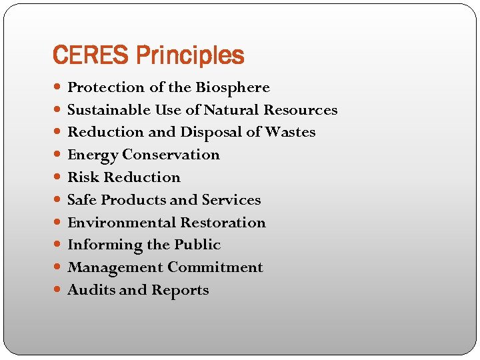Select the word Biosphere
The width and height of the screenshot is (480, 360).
(232, 87)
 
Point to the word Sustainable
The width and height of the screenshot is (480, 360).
(109, 110)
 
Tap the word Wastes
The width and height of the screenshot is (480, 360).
(290, 133)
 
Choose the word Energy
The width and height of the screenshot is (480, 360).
(92, 155)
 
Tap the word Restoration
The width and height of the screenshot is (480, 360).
(223, 223)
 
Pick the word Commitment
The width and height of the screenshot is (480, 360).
(215, 267)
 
